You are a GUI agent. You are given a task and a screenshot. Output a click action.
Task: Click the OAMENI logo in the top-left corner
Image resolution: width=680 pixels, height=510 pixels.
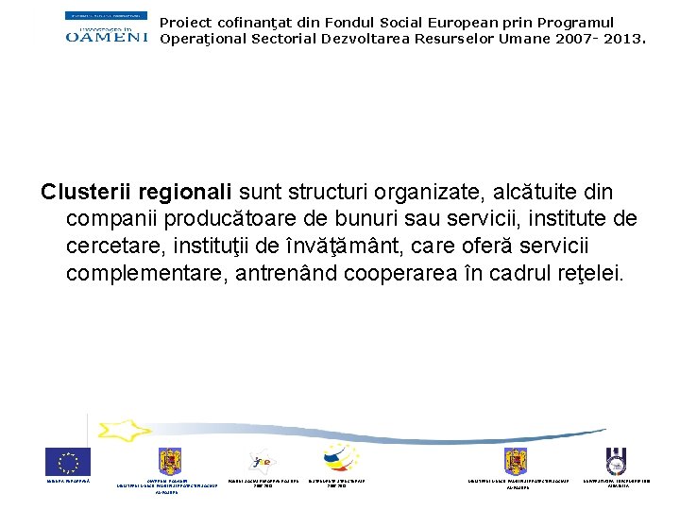[107, 27]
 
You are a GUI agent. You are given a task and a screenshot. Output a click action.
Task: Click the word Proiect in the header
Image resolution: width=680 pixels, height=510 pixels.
[185, 22]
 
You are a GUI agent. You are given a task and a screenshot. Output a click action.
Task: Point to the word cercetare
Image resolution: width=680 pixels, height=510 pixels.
[110, 246]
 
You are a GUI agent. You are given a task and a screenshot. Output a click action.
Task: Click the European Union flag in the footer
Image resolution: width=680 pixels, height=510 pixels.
[68, 462]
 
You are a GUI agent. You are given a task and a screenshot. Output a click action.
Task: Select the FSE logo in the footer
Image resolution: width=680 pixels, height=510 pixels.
[263, 461]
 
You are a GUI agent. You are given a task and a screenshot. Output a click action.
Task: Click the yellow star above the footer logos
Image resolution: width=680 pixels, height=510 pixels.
[124, 431]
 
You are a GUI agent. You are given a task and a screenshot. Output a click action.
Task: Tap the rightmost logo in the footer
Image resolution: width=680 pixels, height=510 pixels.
[618, 461]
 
